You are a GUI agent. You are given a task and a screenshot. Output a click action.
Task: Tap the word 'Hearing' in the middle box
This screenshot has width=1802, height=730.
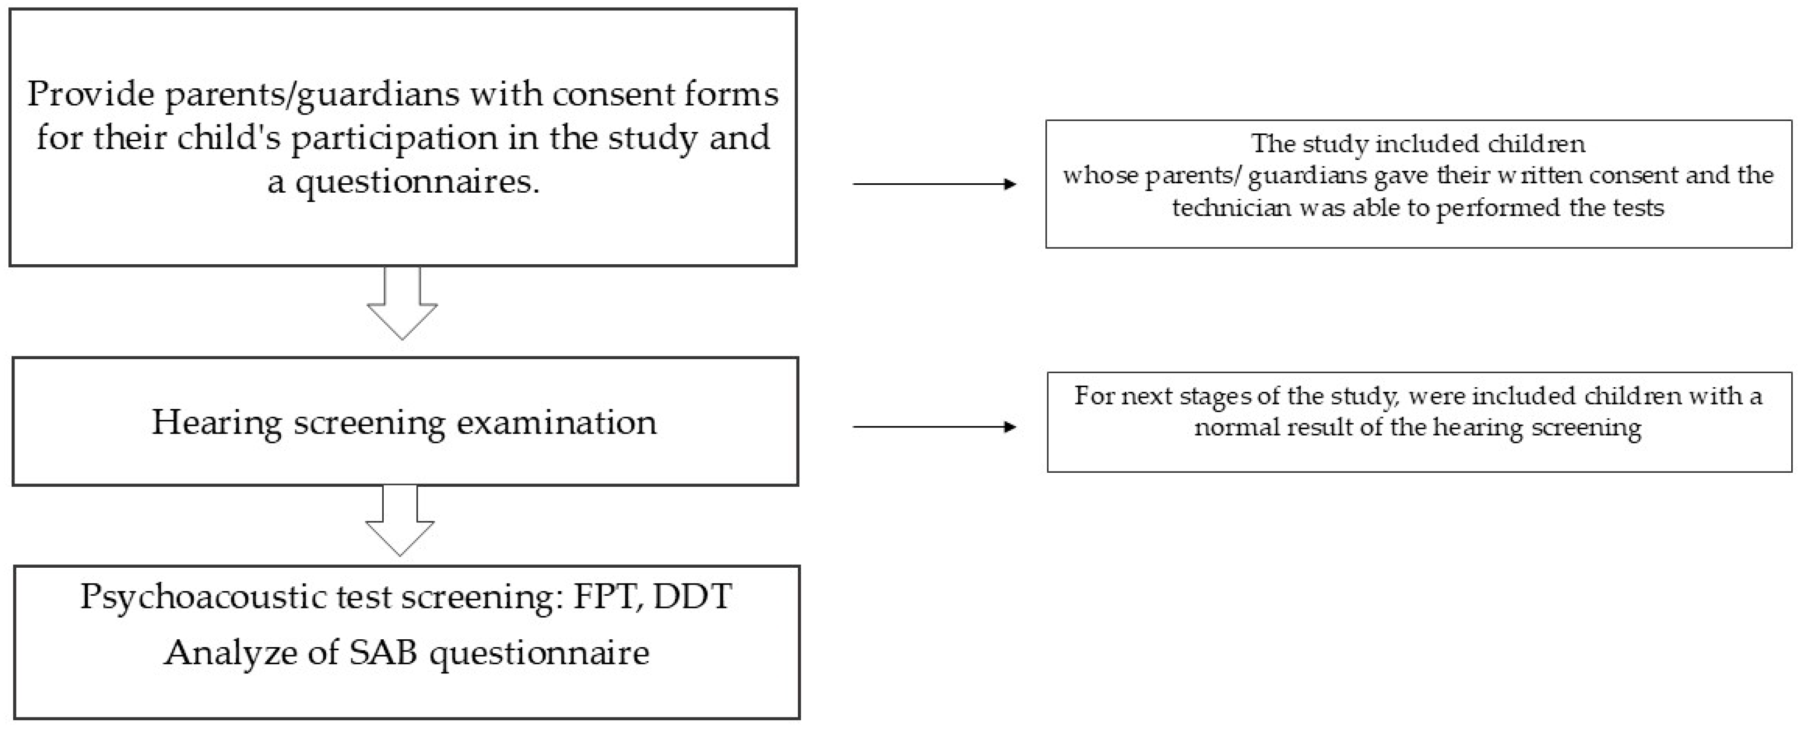click(x=216, y=422)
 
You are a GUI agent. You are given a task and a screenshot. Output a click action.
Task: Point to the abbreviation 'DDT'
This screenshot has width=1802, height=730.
click(x=692, y=596)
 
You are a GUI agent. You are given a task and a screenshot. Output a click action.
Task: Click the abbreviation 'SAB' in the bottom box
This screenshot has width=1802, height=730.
click(x=383, y=652)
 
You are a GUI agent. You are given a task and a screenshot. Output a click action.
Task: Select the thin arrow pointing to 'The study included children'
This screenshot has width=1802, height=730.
click(x=934, y=184)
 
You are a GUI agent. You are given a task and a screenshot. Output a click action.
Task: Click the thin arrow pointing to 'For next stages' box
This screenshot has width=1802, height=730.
click(x=934, y=426)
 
